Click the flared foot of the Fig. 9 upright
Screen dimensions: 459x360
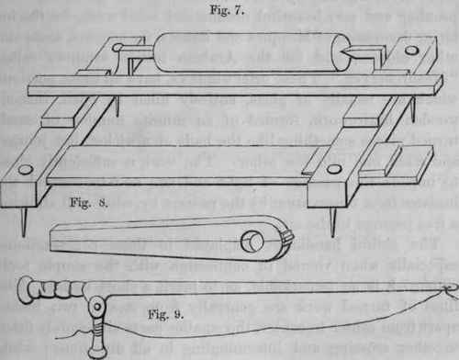(x=95, y=351)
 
